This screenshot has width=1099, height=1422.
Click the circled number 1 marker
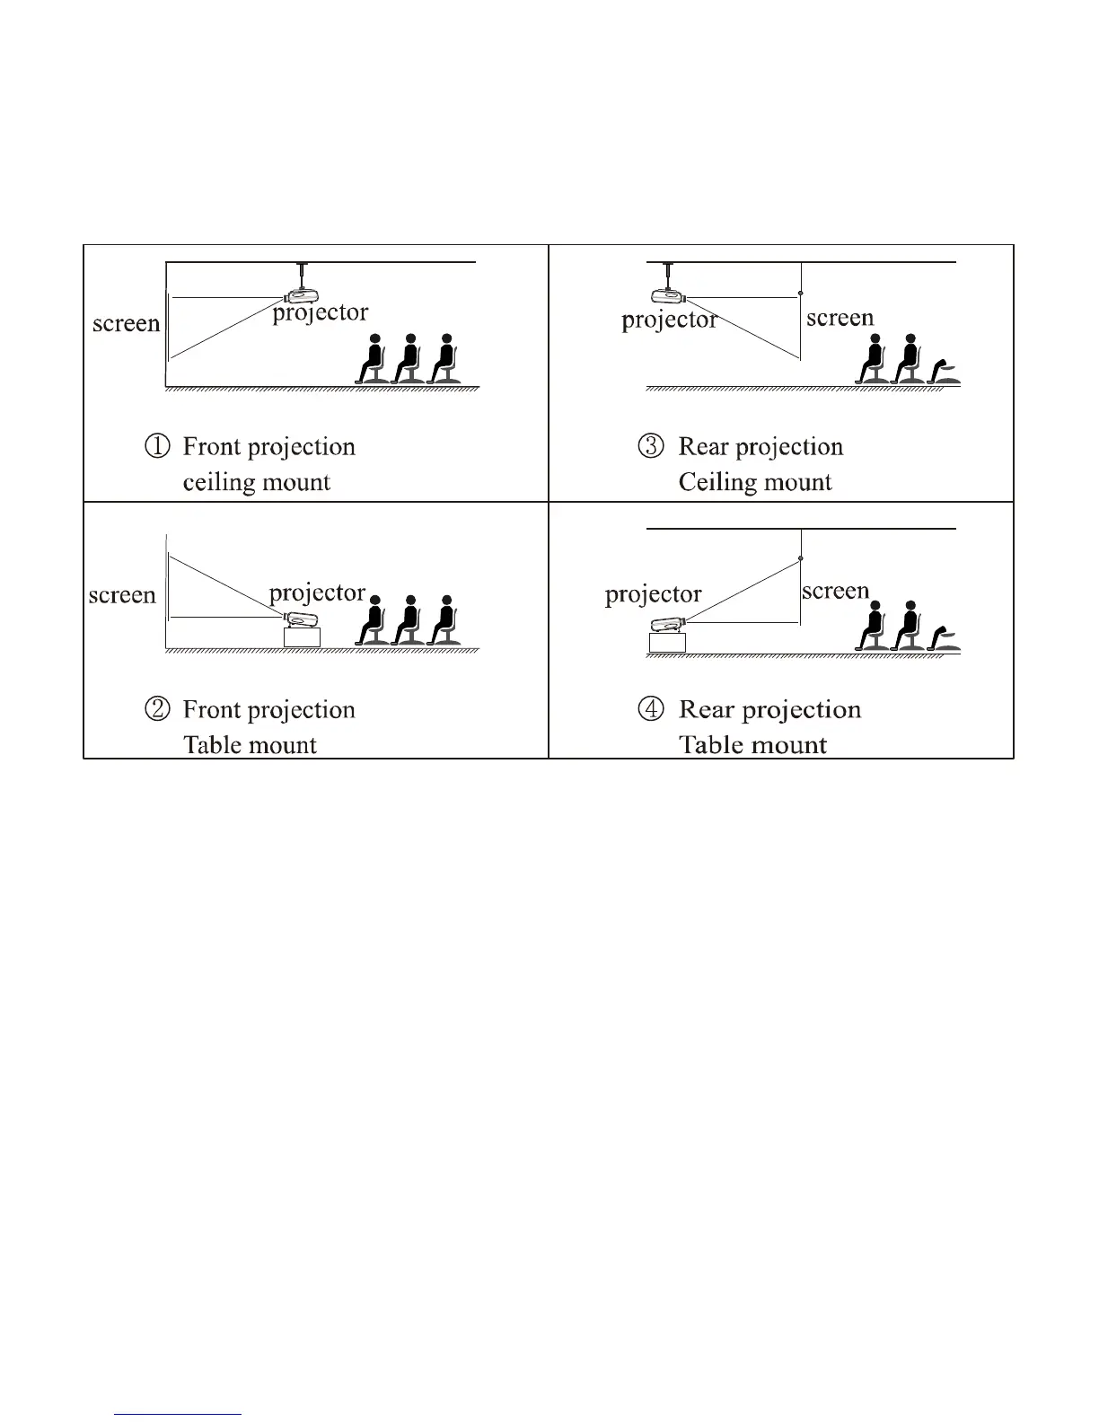pyautogui.click(x=157, y=446)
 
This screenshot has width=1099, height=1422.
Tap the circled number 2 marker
pyautogui.click(x=157, y=709)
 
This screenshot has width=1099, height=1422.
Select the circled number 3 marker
pyautogui.click(x=651, y=446)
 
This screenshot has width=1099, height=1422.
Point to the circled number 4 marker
pyautogui.click(x=651, y=709)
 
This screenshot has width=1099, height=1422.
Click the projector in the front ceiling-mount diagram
pyautogui.click(x=300, y=294)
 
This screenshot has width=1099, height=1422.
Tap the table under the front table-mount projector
pyautogui.click(x=302, y=636)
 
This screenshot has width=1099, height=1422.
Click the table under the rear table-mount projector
pyautogui.click(x=667, y=642)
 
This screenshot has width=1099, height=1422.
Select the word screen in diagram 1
pyautogui.click(x=126, y=323)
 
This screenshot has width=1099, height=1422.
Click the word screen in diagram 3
pyautogui.click(x=840, y=318)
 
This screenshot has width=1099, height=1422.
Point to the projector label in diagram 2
pyautogui.click(x=317, y=593)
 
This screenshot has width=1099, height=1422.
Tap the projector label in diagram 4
pyautogui.click(x=653, y=594)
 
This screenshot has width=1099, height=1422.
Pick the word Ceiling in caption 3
pyautogui.click(x=716, y=482)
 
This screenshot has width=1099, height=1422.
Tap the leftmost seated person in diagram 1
pyautogui.click(x=372, y=360)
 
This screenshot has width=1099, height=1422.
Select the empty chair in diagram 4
pyautogui.click(x=945, y=638)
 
